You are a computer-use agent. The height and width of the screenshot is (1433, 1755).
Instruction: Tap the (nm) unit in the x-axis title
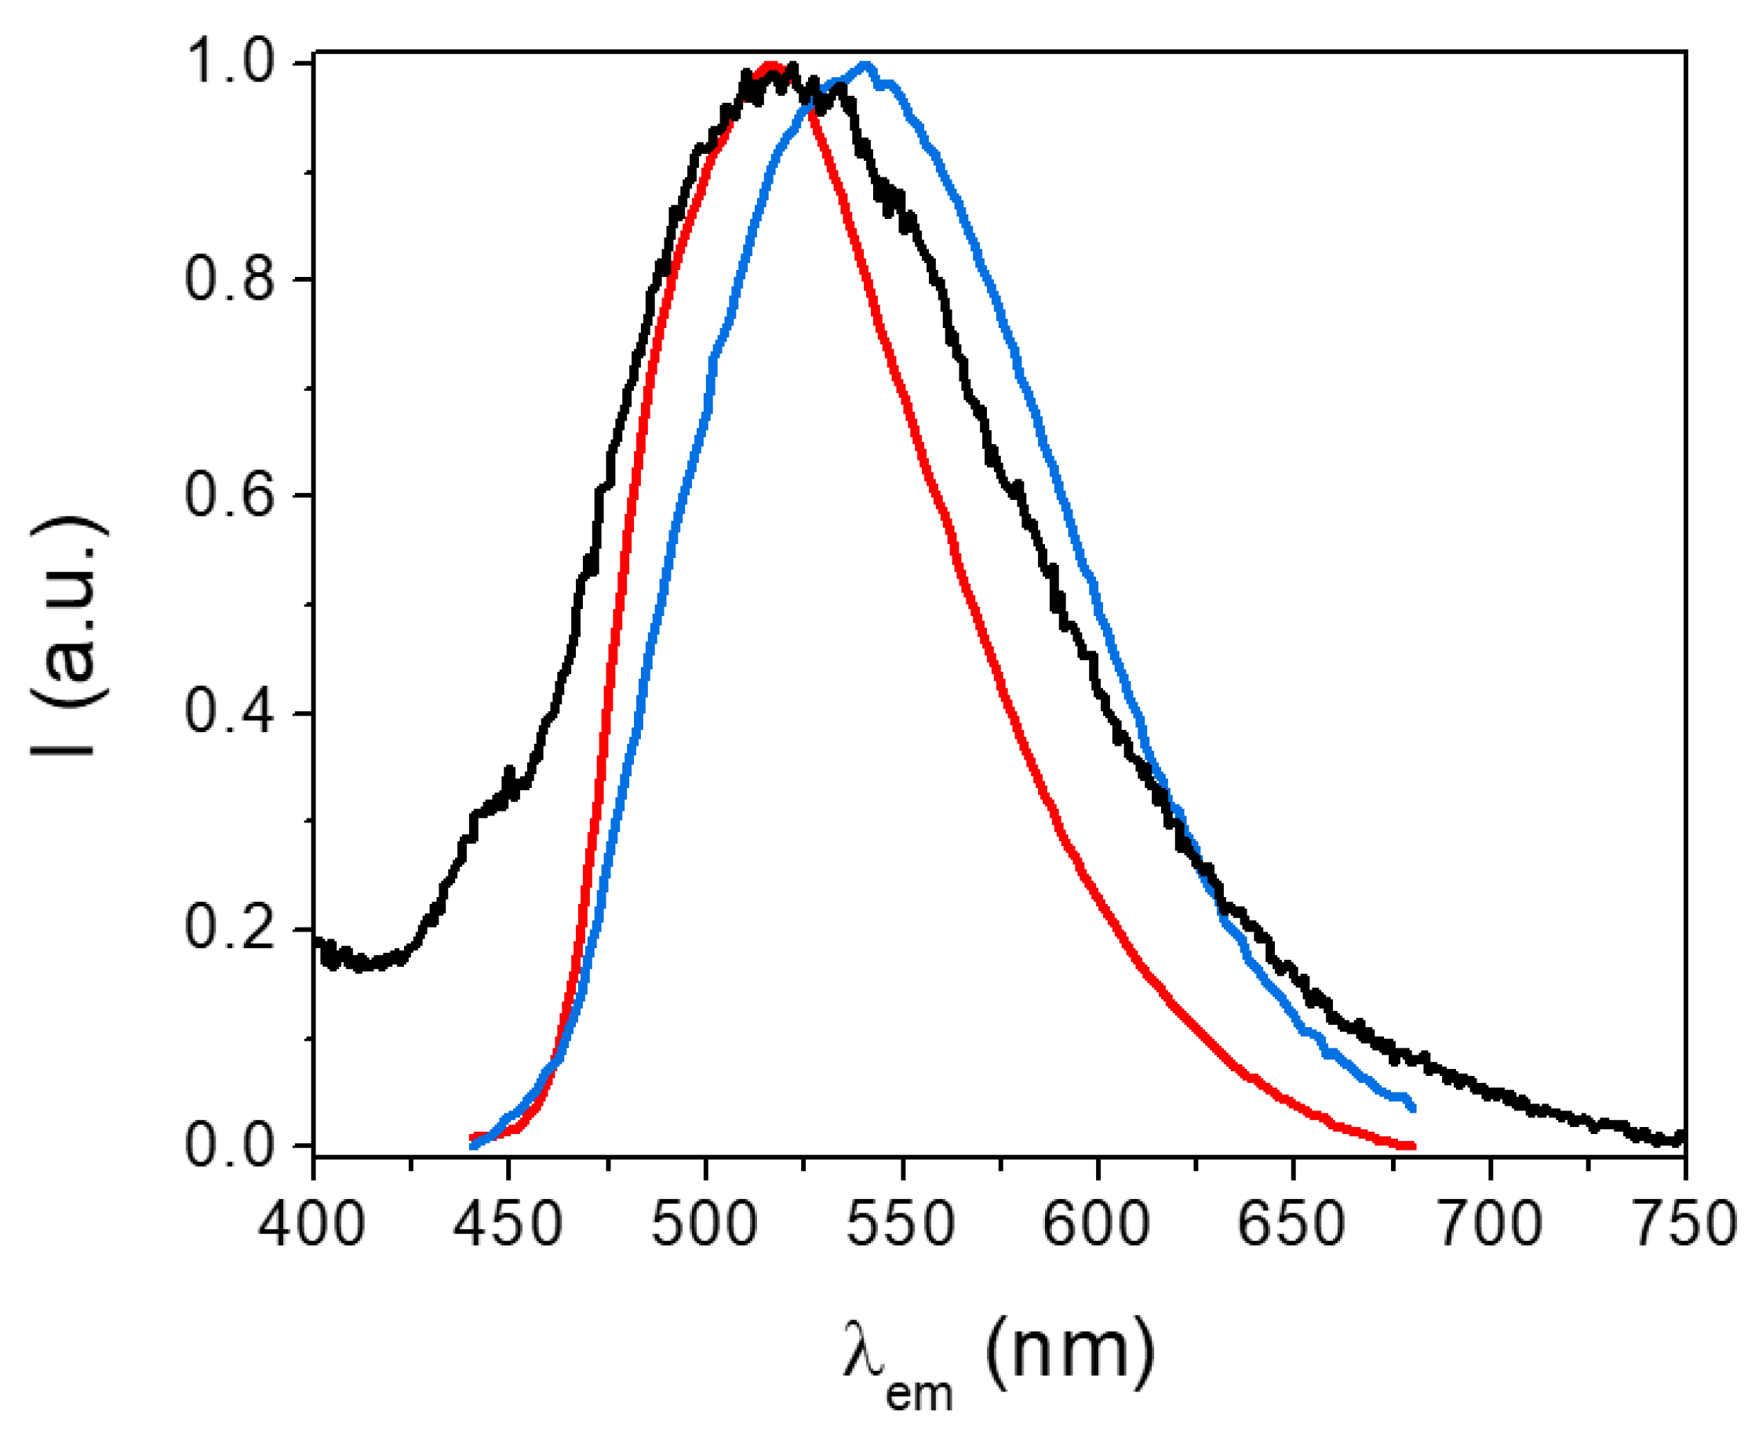coord(1070,1351)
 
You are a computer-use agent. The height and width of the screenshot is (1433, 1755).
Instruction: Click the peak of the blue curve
coord(864,64)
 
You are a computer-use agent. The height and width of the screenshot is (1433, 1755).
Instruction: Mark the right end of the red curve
coord(1413,1147)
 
